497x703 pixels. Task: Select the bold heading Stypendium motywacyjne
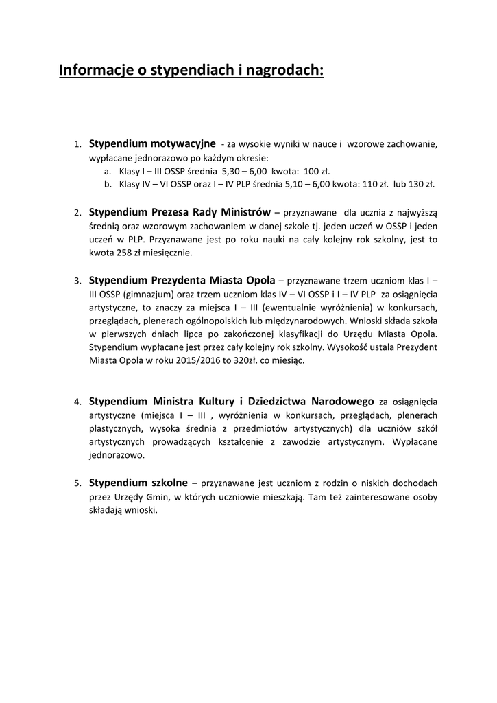pos(152,143)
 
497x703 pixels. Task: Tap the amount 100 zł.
pos(317,171)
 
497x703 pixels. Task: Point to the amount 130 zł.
pos(422,184)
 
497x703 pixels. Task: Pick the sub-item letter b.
pos(108,184)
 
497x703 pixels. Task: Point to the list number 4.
pos(78,402)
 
